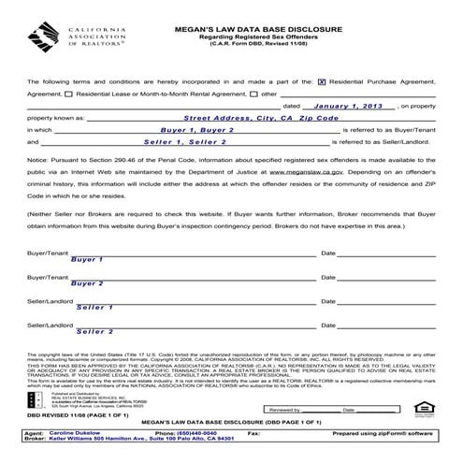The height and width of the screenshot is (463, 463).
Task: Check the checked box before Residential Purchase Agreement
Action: tap(323, 81)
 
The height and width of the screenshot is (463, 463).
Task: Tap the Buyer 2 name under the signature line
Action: tap(87, 283)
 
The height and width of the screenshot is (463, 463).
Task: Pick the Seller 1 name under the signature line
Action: tap(94, 307)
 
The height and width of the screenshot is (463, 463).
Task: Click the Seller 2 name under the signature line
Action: tap(94, 331)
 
